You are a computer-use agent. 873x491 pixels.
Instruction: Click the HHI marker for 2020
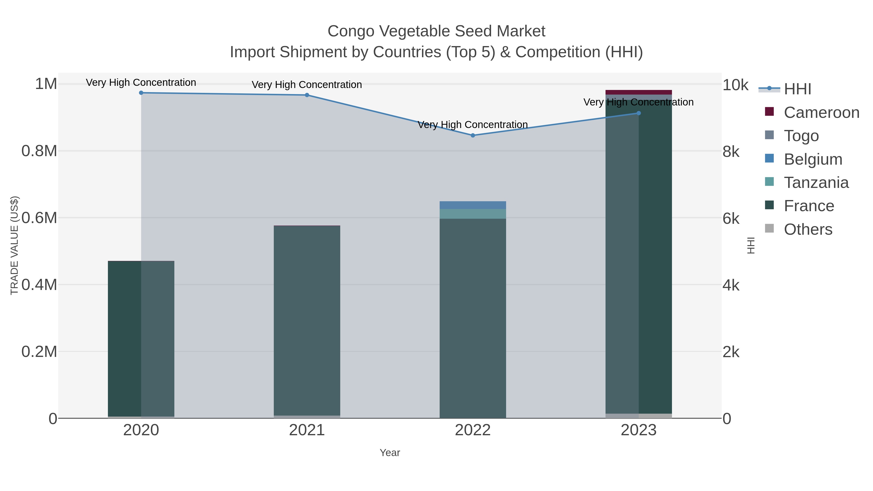[141, 93]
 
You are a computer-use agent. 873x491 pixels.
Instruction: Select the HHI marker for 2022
[473, 136]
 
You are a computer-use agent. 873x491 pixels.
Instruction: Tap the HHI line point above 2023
[639, 113]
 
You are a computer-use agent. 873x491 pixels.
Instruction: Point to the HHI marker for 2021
[307, 95]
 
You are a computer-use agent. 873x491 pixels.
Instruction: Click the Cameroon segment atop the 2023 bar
[639, 92]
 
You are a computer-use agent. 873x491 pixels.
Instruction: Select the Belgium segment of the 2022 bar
[473, 205]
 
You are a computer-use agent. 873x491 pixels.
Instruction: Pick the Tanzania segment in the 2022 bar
[473, 214]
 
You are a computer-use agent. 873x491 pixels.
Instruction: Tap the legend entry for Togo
[801, 136]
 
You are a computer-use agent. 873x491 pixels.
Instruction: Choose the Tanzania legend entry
[816, 183]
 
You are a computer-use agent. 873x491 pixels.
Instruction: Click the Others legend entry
[808, 229]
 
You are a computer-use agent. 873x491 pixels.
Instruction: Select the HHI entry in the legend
[797, 89]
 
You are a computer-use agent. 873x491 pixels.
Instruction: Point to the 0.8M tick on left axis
[39, 151]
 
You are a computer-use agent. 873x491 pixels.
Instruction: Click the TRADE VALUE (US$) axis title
[14, 245]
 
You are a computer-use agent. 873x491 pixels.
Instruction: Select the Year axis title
[390, 453]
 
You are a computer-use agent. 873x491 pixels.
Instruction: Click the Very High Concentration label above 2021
[307, 84]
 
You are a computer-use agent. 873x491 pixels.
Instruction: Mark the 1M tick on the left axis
[46, 84]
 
